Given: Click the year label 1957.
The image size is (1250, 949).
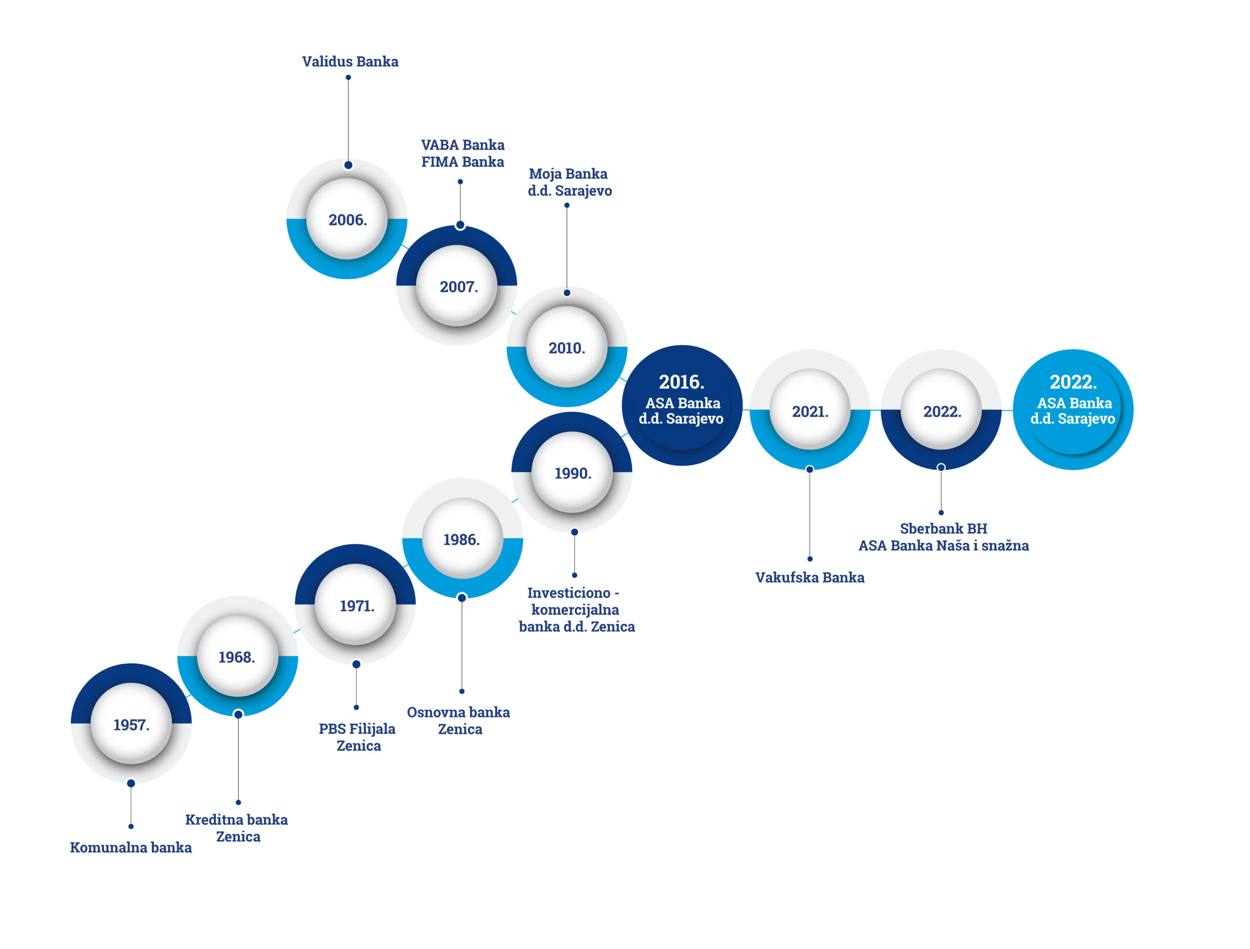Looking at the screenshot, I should (x=131, y=725).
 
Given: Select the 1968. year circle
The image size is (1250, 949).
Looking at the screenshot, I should (x=237, y=657).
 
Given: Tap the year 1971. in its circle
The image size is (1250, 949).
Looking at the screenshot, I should (x=356, y=605).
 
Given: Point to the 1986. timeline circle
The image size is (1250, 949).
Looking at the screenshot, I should (x=462, y=539).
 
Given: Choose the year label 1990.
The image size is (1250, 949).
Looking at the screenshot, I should (x=572, y=473).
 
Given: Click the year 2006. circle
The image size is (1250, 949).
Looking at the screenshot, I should (x=348, y=220).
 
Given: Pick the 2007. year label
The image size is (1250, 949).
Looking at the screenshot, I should (x=458, y=287).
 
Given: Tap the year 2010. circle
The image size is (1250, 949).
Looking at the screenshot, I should (x=567, y=348).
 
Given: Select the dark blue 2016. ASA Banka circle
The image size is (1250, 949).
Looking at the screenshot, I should (x=682, y=405).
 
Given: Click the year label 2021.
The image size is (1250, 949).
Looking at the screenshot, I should (x=810, y=411).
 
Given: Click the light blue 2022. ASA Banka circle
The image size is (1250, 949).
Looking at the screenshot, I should (x=1073, y=409).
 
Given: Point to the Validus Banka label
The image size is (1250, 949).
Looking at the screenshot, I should (x=350, y=61).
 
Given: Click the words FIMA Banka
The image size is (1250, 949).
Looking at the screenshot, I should (x=462, y=162).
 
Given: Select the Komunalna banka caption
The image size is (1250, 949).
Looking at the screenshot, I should (x=130, y=847).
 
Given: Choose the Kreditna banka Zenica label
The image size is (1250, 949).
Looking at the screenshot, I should (x=237, y=827).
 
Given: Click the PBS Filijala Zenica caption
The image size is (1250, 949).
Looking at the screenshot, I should (x=357, y=737).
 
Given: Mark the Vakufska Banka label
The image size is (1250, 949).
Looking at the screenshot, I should (x=810, y=578).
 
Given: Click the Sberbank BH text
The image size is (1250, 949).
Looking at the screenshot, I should (x=943, y=529).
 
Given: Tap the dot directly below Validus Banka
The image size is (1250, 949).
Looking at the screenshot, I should (x=348, y=78).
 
